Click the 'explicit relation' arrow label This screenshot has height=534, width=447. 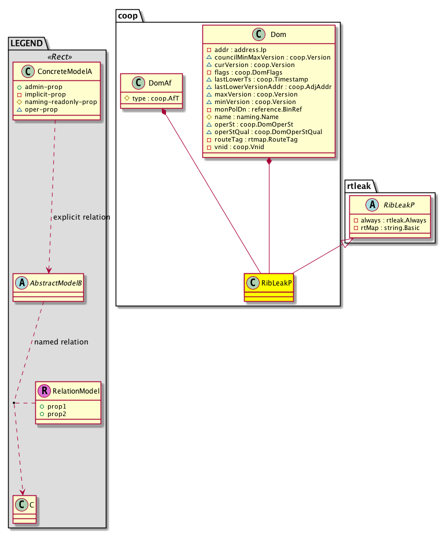pyautogui.click(x=82, y=217)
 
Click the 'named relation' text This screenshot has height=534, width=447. pyautogui.click(x=61, y=342)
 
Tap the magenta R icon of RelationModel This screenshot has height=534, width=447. pyautogui.click(x=45, y=391)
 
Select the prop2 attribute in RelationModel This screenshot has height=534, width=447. pyautogui.click(x=57, y=414)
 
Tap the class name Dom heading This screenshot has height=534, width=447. pyautogui.click(x=278, y=35)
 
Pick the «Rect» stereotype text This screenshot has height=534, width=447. pyautogui.click(x=56, y=56)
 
